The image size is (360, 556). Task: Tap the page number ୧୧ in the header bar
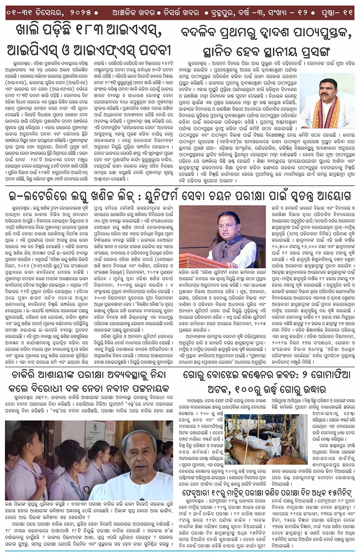348,13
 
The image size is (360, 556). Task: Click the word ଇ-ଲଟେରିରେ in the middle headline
38,196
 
